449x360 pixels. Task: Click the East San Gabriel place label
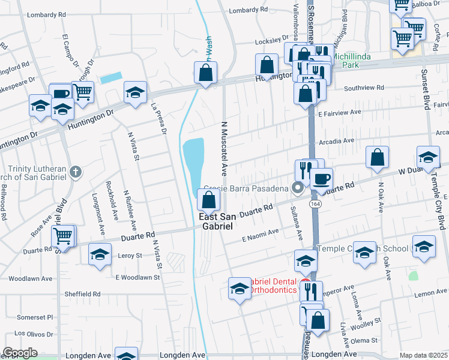click(x=216, y=220)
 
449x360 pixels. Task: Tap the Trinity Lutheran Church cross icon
click(x=75, y=172)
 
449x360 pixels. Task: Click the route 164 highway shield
click(x=315, y=205)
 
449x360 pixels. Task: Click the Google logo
click(x=20, y=353)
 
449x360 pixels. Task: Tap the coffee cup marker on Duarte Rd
click(x=321, y=178)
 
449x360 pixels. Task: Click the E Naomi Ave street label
click(x=261, y=233)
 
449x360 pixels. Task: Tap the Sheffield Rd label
click(x=84, y=294)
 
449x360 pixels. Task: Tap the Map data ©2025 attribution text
click(x=423, y=355)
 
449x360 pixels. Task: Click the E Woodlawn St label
click(x=138, y=277)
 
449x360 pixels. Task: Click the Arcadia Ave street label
click(x=337, y=141)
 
